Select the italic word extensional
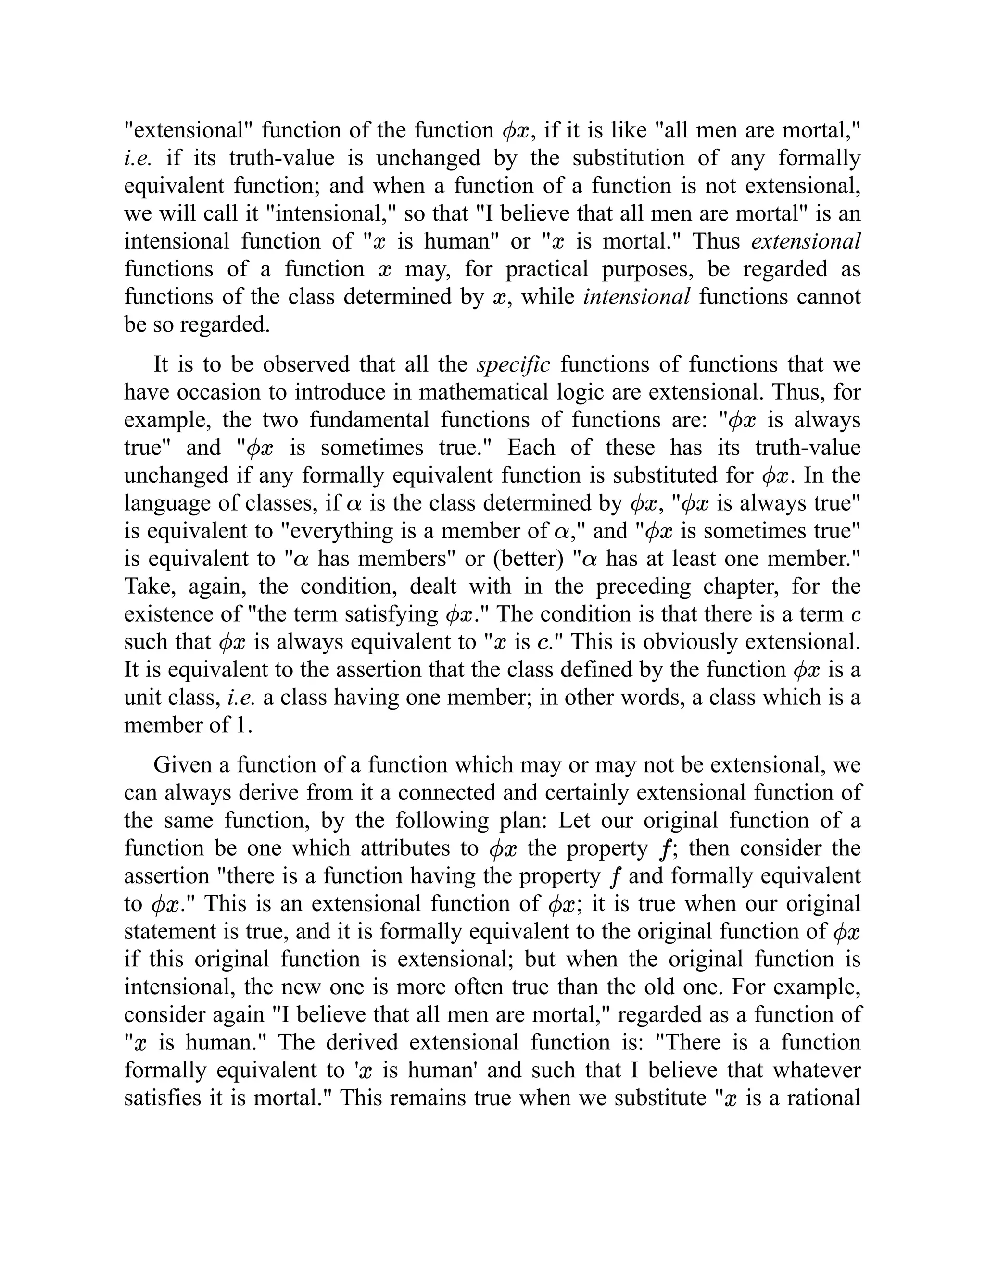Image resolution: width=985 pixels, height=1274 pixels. click(805, 241)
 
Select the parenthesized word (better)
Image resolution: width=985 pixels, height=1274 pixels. click(528, 559)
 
